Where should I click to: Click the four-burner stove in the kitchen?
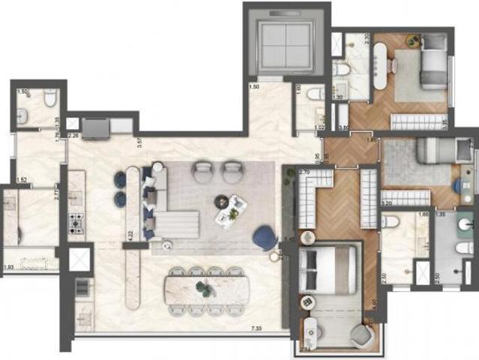click(x=76, y=223)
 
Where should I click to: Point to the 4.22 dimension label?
click(x=131, y=234)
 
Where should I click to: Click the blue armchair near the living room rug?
click(x=264, y=237)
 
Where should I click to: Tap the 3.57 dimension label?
click(x=139, y=140)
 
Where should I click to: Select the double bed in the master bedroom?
click(x=328, y=270)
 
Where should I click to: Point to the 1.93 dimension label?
click(x=8, y=267)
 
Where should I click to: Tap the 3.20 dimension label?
click(x=388, y=202)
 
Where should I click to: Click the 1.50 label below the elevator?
click(x=254, y=88)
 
